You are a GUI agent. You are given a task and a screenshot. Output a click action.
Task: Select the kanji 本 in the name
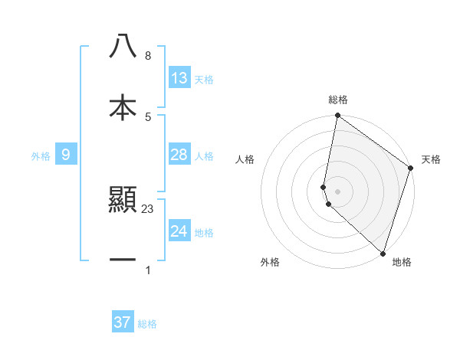[123, 106]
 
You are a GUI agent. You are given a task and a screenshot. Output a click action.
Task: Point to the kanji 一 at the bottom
[123, 260]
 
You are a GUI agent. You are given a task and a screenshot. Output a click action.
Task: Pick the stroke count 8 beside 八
[147, 56]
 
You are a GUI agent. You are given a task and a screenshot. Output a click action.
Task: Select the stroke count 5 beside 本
[147, 116]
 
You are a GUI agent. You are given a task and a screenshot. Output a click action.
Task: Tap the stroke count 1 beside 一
[147, 270]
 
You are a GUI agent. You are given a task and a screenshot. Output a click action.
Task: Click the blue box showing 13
[179, 78]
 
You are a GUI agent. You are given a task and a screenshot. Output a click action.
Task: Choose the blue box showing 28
[179, 155]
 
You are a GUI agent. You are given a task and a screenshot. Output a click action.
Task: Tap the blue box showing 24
[179, 231]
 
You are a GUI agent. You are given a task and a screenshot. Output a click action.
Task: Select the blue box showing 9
[66, 155]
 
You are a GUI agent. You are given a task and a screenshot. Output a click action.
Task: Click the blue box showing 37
[123, 322]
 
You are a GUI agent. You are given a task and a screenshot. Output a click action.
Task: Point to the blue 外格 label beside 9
[41, 156]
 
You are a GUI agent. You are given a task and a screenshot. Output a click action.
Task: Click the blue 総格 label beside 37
[147, 324]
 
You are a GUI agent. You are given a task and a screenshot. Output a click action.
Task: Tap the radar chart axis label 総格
[338, 100]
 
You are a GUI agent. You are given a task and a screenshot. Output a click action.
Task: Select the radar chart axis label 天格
[431, 159]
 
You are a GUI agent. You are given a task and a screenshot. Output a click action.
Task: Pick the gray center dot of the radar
[338, 191]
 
